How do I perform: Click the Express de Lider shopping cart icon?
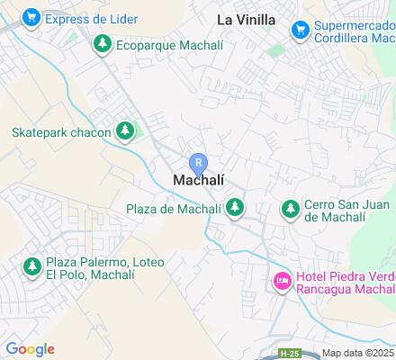(x=32, y=17)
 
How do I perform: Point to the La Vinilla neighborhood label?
(x=246, y=19)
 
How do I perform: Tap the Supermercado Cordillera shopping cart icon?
(x=300, y=31)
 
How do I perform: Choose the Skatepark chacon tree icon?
(x=127, y=132)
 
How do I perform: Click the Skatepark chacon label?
(x=61, y=132)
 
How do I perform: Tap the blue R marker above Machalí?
(x=199, y=164)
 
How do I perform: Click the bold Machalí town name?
(x=198, y=180)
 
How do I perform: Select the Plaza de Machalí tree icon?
(x=235, y=209)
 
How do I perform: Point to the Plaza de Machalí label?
(x=174, y=210)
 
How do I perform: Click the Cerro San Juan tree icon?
(x=290, y=210)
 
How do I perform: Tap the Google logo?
(x=30, y=349)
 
